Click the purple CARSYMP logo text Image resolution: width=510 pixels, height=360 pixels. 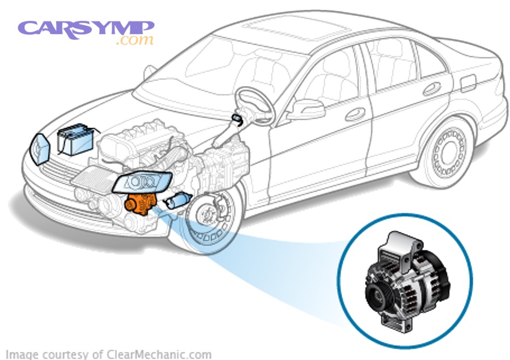click(x=85, y=28)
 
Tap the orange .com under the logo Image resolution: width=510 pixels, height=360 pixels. click(x=134, y=41)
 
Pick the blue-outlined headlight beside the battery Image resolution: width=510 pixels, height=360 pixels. click(x=41, y=149)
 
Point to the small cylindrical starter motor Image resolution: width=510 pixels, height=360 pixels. click(x=176, y=200)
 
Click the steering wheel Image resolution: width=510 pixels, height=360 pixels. click(x=255, y=105)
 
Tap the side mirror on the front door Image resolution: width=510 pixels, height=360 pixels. click(x=306, y=109)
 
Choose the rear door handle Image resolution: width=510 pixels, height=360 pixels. click(x=431, y=88)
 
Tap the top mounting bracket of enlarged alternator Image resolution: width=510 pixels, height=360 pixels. click(x=405, y=249)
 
